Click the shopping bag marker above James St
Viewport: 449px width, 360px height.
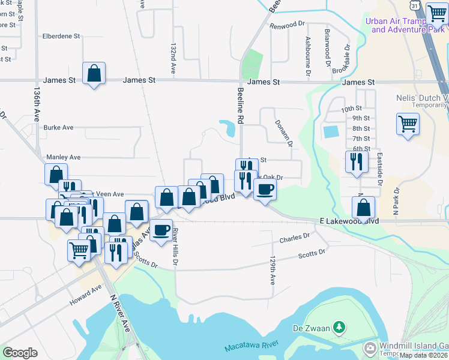(x=94, y=74)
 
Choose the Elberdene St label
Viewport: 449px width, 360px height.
(x=61, y=36)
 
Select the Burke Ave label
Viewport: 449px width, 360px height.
(x=58, y=127)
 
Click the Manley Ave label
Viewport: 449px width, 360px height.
(x=64, y=157)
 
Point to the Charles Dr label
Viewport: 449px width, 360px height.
(x=294, y=239)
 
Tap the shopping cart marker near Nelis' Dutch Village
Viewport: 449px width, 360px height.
(x=408, y=124)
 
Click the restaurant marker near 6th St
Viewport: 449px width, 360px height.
(x=356, y=161)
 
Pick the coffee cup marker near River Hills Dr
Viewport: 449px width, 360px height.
(x=160, y=230)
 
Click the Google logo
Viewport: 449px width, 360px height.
(x=20, y=353)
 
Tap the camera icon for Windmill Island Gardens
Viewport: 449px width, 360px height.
(x=370, y=347)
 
